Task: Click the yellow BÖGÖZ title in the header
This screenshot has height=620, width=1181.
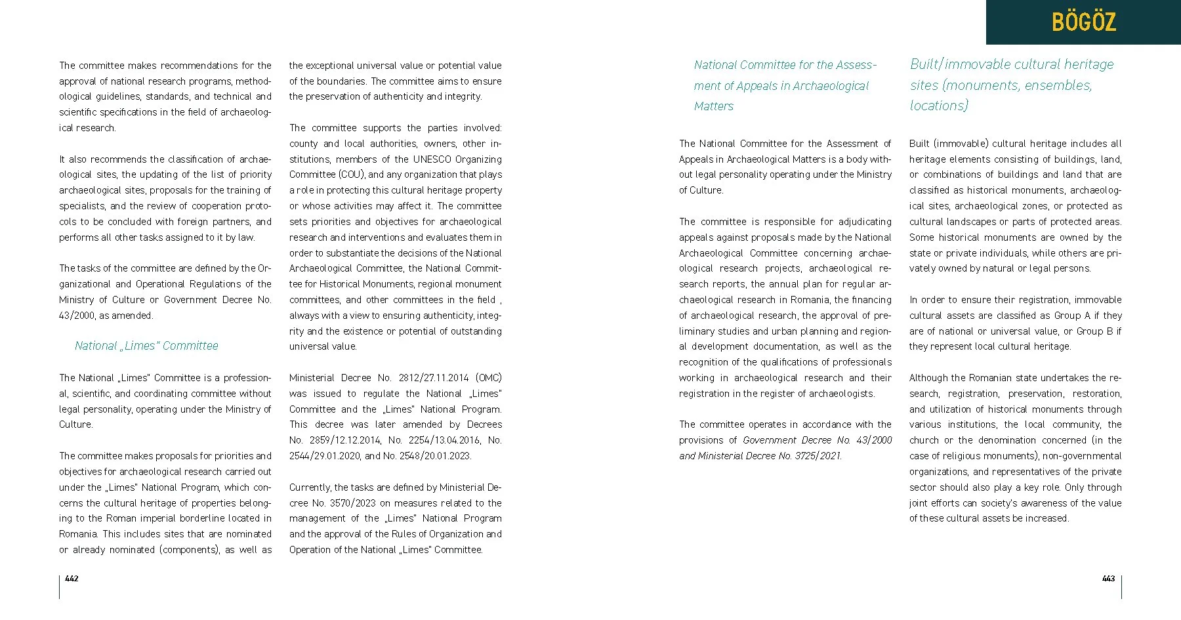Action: tap(1083, 22)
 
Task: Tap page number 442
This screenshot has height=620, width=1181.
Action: tap(72, 579)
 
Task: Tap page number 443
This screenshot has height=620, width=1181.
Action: tap(1108, 579)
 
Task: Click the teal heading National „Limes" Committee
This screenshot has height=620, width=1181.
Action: tap(146, 346)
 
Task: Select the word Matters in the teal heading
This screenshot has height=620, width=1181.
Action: tap(714, 106)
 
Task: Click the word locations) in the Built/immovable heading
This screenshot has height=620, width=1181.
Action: tap(939, 106)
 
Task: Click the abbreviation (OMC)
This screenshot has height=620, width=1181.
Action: tap(489, 378)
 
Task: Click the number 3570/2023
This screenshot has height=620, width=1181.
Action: tap(352, 503)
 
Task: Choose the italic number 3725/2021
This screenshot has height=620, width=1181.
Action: tap(818, 456)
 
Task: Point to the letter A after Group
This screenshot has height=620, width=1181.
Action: tap(1087, 316)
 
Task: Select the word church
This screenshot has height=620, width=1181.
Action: tap(924, 440)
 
